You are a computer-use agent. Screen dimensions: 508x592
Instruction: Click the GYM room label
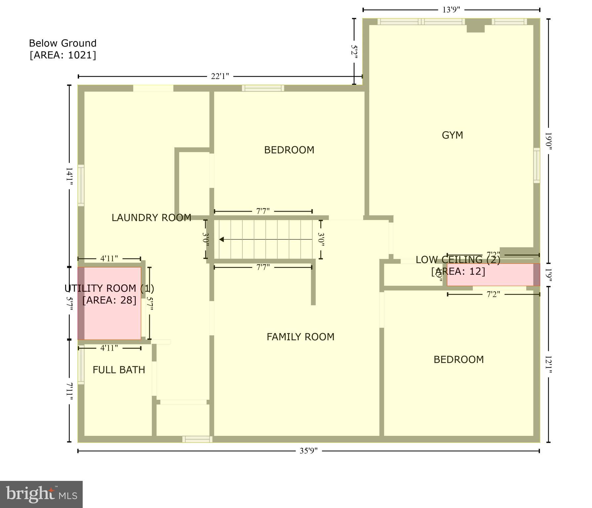tap(452, 135)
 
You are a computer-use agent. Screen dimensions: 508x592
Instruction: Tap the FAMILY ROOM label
tap(300, 337)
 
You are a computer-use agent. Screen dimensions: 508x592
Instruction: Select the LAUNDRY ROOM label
tap(151, 218)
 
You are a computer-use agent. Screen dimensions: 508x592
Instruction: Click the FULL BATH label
tap(119, 370)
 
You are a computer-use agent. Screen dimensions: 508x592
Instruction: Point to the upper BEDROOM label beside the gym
tap(289, 150)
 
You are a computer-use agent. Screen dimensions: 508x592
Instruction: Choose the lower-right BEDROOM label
tap(458, 360)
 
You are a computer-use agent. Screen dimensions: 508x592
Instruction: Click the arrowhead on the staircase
tap(222, 239)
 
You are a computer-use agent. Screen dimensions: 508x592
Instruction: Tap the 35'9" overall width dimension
tap(309, 451)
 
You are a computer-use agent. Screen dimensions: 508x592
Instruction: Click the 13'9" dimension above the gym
tap(451, 10)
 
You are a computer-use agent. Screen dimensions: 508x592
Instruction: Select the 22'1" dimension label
tap(220, 76)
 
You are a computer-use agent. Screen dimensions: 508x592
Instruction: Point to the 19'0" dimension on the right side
tap(548, 141)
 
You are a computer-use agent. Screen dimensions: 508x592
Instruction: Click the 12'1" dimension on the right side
tap(548, 365)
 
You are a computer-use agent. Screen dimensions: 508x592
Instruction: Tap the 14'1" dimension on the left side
tap(69, 176)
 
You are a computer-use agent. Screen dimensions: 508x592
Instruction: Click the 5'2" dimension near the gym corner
tap(354, 52)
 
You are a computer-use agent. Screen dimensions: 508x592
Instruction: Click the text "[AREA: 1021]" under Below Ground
tap(63, 55)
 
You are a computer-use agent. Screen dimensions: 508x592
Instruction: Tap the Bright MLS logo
tap(41, 494)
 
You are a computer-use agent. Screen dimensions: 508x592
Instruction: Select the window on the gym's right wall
tap(536, 165)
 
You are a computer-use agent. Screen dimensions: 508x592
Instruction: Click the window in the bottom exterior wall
tap(197, 439)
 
